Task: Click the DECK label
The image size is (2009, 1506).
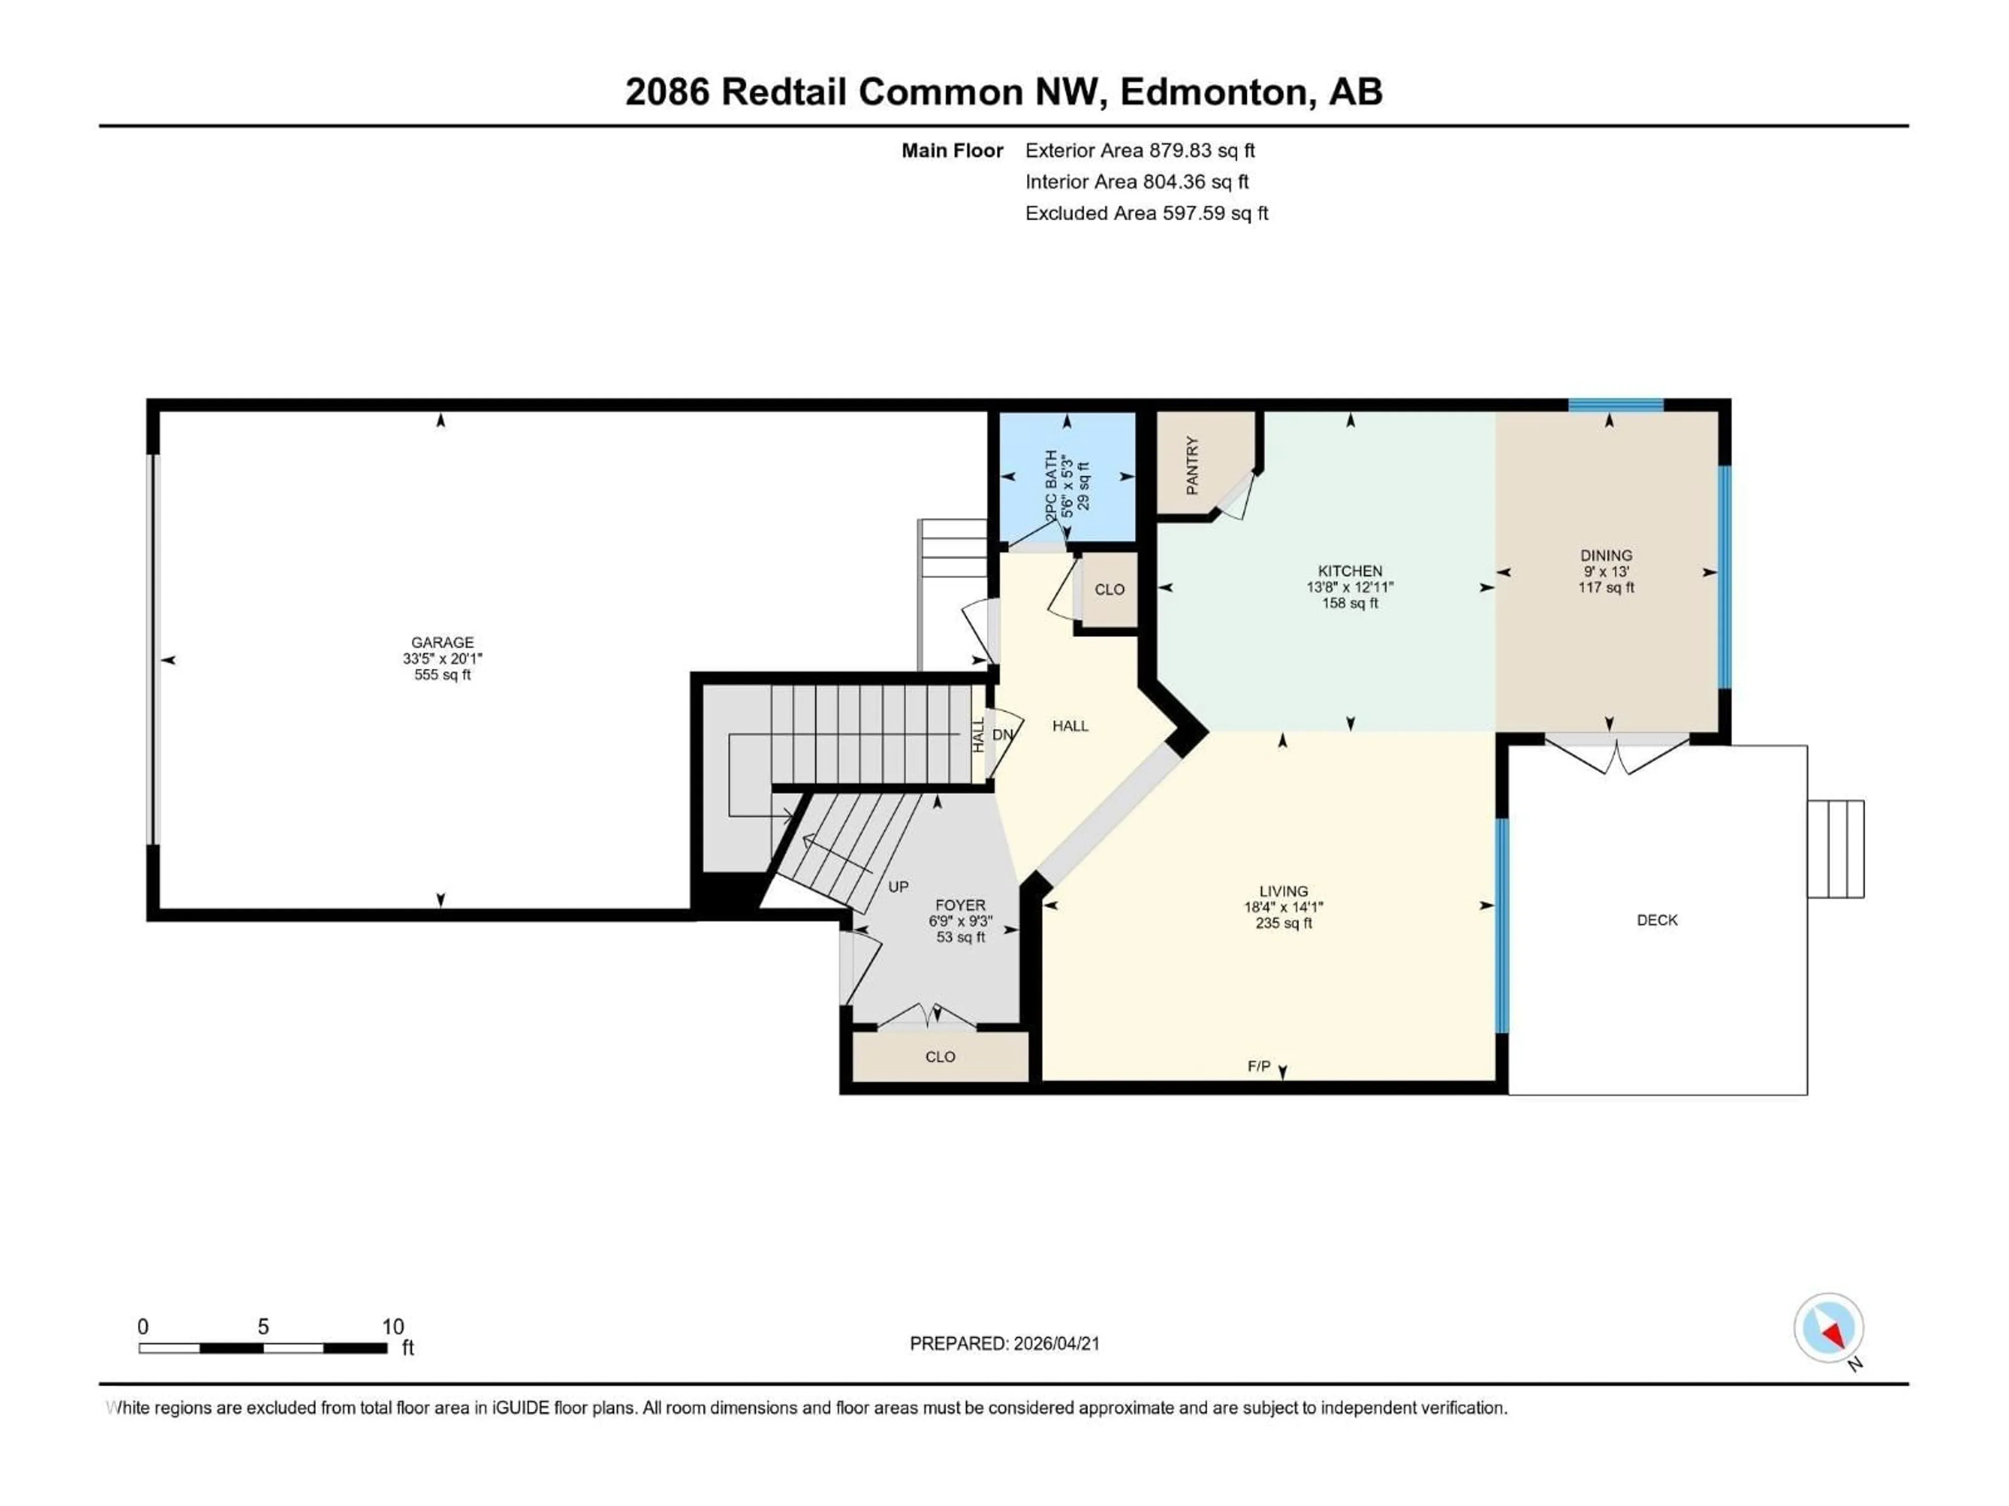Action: [1656, 920]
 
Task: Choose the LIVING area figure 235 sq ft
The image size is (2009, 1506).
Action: [1283, 923]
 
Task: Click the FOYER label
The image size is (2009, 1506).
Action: [960, 905]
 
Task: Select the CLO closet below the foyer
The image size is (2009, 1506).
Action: [940, 1057]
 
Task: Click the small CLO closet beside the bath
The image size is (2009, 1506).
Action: [1109, 589]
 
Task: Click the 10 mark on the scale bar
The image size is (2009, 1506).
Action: [392, 1326]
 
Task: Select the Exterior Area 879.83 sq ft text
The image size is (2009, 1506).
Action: [1140, 151]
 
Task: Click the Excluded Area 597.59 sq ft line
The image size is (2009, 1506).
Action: [1146, 213]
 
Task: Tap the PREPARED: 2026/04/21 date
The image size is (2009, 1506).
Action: [1004, 1343]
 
